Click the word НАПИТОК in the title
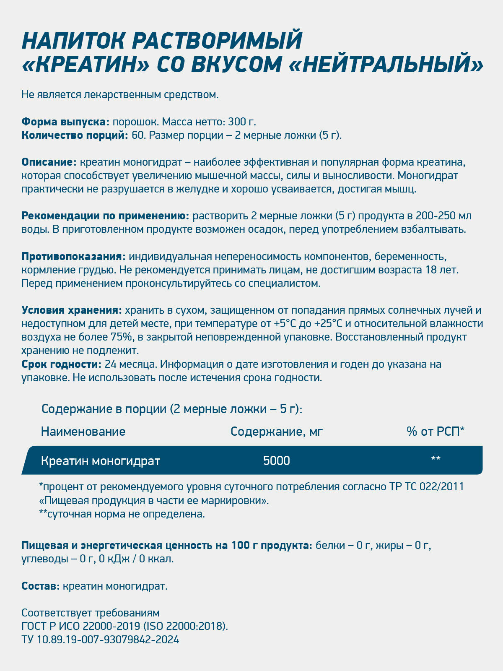pos(72,41)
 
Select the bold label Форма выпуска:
pos(65,122)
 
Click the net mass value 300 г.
pos(242,122)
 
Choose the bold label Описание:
pos(49,162)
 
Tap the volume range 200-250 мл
pos(443,216)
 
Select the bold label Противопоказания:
pos(73,256)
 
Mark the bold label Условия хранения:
pos(72,310)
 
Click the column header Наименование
pos(83,431)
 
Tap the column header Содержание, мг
pos(277,431)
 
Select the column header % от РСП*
pos(436,431)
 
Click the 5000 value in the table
pos(277,460)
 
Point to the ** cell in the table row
pos(436,460)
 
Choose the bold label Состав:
pos(41,586)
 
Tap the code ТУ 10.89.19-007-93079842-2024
pos(100,640)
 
